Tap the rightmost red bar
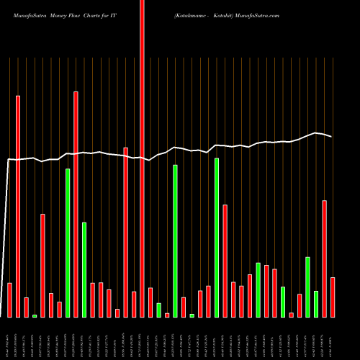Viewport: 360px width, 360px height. point(333,297)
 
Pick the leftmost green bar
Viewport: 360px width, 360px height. point(35,315)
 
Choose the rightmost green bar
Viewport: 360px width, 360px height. point(316,304)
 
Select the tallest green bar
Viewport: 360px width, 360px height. point(217,238)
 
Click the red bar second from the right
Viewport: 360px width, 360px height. point(325,258)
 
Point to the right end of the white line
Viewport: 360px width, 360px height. point(331,136)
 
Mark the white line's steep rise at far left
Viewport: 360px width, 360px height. point(6,238)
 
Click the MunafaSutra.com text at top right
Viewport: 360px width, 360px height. point(259,14)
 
